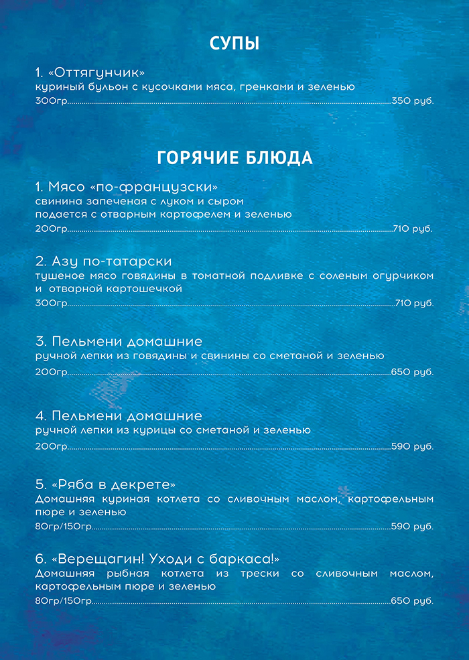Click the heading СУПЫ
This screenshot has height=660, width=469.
tap(234, 44)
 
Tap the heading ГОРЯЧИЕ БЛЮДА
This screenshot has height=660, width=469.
tap(234, 158)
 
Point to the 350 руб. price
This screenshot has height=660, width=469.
tap(413, 102)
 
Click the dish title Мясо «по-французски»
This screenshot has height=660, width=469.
tap(127, 186)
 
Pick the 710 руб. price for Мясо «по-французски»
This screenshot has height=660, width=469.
tap(413, 229)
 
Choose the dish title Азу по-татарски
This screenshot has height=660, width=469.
tap(104, 261)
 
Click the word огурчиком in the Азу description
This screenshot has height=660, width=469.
tap(402, 275)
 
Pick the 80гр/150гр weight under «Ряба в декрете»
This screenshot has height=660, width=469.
tap(63, 527)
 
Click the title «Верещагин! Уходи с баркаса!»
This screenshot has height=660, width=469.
tap(157, 559)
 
